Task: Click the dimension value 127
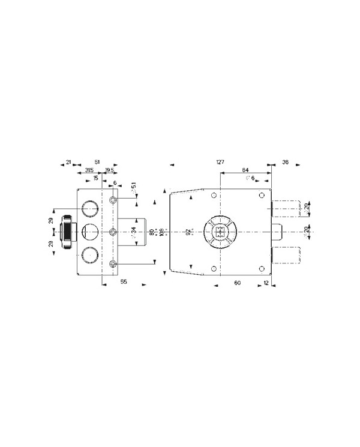coord(220,162)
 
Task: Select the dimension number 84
coord(246,170)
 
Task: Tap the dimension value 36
coord(285,162)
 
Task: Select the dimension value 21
coord(69,162)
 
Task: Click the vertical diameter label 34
coord(134,232)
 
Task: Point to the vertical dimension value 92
coord(187,232)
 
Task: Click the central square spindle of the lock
coord(220,232)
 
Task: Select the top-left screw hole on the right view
coord(214,196)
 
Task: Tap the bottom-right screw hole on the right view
coord(261,268)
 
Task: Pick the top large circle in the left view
coord(89,208)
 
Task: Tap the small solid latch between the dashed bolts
coord(277,232)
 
